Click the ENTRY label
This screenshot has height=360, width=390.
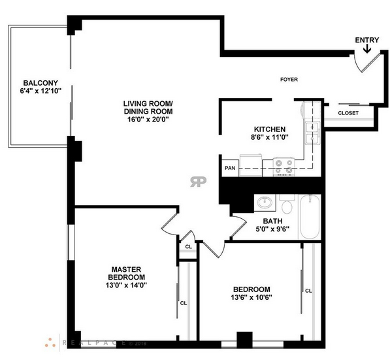367,40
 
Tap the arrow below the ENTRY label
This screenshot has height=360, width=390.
367,48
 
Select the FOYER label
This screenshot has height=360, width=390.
289,79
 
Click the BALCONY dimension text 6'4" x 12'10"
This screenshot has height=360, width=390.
41,91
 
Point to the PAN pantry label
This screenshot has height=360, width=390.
230,168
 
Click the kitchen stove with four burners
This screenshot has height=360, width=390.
284,167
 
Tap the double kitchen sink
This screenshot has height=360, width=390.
313,133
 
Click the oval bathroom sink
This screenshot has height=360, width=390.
265,203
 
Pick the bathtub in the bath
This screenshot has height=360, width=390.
310,217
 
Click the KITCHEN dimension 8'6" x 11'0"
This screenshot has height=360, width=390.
270,137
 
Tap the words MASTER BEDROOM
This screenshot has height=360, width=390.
126,273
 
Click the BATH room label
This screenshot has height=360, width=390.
272,221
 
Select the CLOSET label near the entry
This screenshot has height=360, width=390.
348,113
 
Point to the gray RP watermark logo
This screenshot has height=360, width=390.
198,182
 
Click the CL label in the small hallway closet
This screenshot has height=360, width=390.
189,247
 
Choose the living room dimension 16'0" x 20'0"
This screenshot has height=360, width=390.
148,120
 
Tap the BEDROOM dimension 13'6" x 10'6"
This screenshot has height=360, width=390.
252,297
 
